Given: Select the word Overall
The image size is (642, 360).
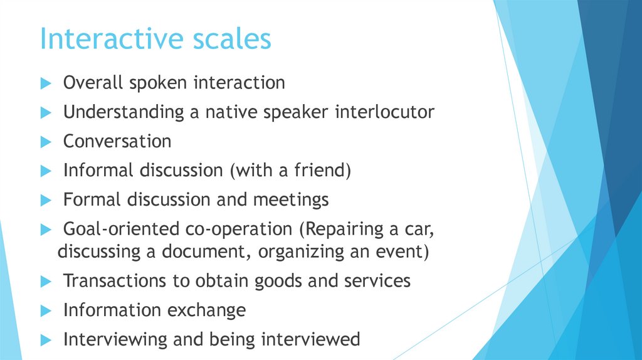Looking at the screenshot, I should (92, 83).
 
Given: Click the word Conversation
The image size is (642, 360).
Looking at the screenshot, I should (117, 141).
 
